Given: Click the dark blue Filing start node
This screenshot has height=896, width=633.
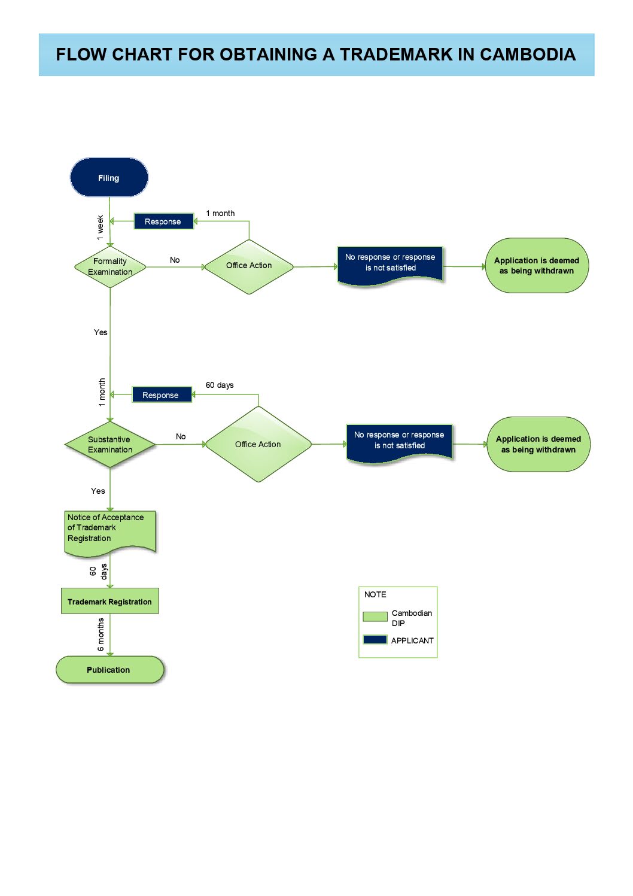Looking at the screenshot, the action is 109,177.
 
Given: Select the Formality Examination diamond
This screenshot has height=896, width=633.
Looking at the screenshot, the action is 110,267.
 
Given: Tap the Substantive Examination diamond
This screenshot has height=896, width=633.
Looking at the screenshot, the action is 110,444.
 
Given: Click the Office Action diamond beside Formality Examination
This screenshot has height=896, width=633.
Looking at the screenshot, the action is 249,267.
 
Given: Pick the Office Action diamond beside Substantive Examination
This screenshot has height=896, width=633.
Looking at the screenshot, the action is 258,444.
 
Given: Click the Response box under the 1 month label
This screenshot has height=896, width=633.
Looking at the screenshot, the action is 163,221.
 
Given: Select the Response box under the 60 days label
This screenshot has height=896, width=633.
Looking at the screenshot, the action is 162,395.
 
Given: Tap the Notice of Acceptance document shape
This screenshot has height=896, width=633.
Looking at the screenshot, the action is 110,534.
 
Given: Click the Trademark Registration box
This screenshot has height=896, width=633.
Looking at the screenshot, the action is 110,601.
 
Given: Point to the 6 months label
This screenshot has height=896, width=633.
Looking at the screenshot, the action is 101,634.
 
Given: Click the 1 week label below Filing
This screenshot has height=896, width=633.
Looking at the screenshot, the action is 100,227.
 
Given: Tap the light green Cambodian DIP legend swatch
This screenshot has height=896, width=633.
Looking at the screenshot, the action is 375,616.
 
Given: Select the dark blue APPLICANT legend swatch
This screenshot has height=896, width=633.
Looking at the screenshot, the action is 375,640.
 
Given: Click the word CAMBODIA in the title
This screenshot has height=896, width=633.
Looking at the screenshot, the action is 528,54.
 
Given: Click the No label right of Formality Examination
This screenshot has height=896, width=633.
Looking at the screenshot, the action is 175,260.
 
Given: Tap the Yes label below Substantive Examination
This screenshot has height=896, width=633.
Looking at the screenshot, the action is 98,491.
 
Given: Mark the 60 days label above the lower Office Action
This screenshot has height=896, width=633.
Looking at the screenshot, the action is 220,385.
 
